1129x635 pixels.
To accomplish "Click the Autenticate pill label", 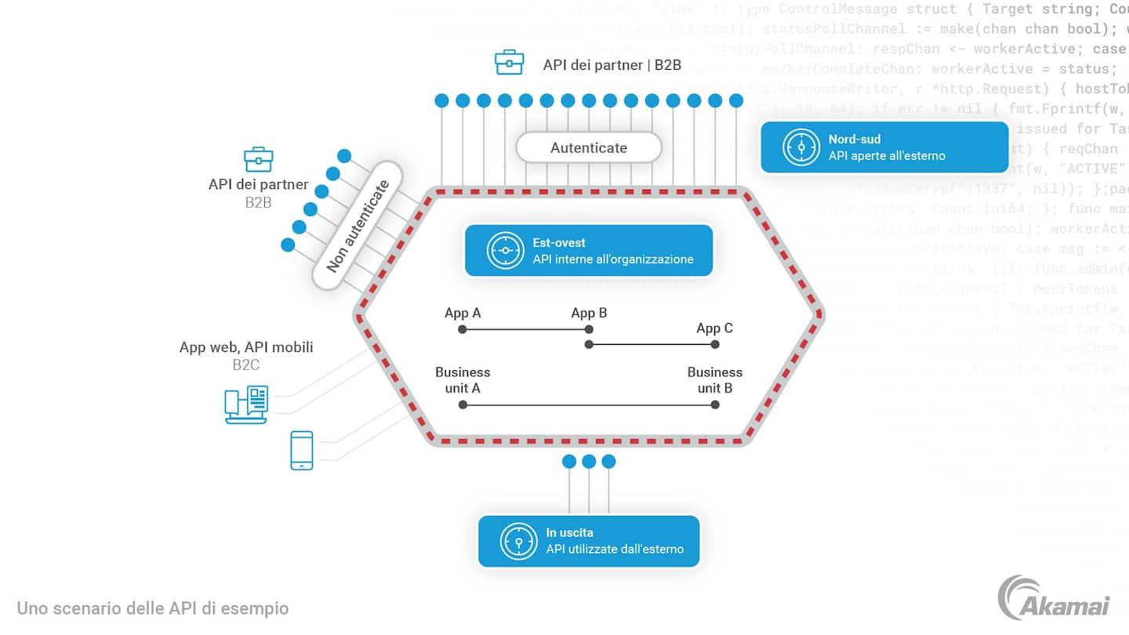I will pos(589,147).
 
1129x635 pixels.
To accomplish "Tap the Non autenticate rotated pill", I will pos(358,226).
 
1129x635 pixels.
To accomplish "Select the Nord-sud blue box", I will pos(884,147).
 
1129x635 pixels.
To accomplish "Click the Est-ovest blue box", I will pos(589,251).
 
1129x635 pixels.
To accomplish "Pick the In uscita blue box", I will pos(589,541).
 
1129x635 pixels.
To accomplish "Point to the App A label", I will pos(463,313).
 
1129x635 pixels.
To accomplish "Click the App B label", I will pos(589,313).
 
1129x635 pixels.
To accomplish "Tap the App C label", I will pos(714,328).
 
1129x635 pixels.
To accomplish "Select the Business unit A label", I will pos(463,379).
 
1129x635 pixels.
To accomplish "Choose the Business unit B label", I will pos(714,379).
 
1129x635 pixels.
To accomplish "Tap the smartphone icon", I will pos(302,450).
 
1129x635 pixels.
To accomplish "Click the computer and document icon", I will pos(246,405).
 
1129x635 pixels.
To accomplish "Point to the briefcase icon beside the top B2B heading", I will pos(510,63).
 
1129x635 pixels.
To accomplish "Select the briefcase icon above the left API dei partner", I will pos(259,159).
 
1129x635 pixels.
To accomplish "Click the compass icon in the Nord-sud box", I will pos(801,147).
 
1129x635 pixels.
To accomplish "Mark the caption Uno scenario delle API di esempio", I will pos(153,608).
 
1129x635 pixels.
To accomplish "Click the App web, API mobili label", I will pos(246,347).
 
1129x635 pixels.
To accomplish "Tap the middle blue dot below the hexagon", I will pos(589,462).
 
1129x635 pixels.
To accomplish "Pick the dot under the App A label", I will pos(463,329).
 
